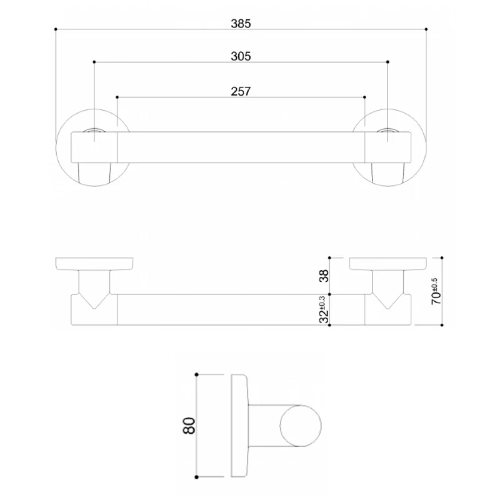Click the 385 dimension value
coord(241,24)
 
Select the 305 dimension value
coord(241,56)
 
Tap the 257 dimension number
coord(241,91)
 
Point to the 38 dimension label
coord(324,276)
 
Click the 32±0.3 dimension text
coord(323,309)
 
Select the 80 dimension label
coord(189,426)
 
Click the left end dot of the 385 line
coord(56,29)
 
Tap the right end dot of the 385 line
coord(426,29)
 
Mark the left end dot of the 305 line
coord(94,62)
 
